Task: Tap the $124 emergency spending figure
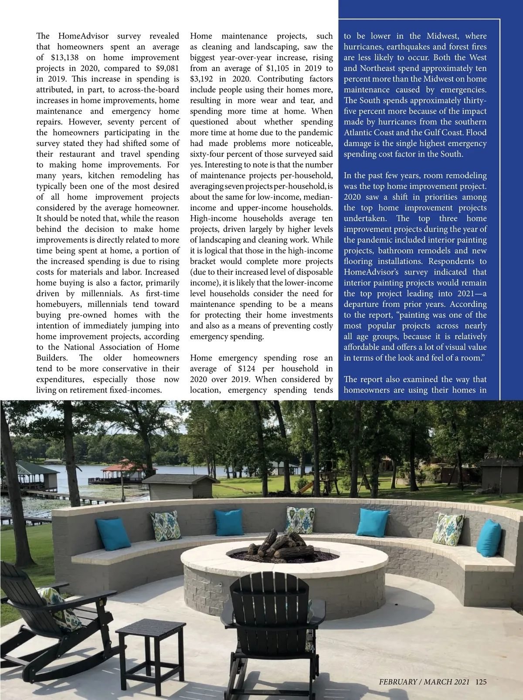246,369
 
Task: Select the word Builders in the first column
51,358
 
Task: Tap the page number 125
481,682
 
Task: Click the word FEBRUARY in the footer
398,682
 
